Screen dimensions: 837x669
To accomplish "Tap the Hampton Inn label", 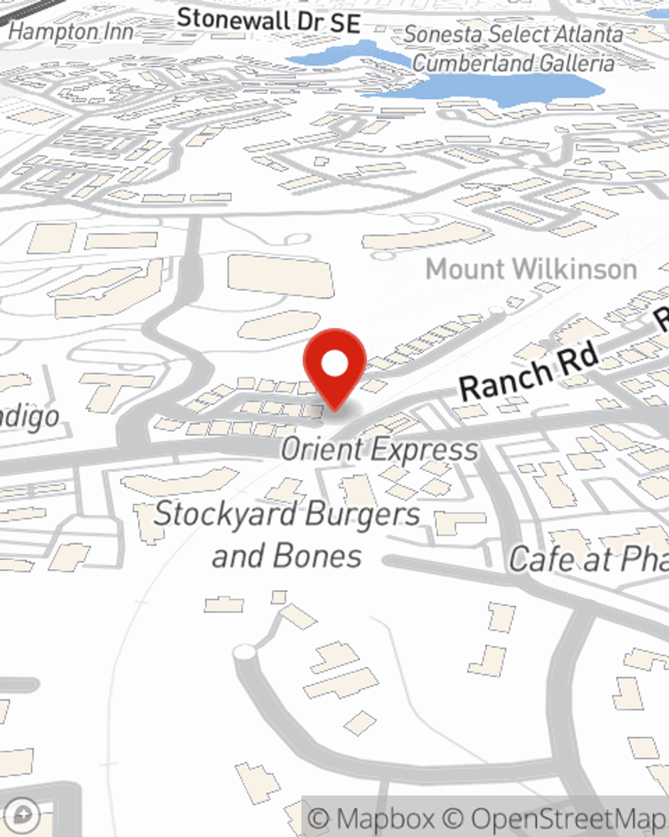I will point(71,31).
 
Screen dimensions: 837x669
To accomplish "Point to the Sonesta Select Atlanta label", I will point(513,33).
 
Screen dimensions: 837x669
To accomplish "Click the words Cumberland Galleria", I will point(513,63).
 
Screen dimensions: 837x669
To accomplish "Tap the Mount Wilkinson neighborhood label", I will point(531,269).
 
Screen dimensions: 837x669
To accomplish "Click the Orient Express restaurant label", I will point(379,449).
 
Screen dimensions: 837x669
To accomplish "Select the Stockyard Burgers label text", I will point(288,515).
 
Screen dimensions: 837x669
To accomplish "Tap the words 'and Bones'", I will point(287,556).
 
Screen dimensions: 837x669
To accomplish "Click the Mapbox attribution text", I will point(370,818).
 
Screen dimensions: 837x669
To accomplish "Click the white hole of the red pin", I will point(334,364).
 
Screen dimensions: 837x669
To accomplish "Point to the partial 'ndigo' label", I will point(29,418).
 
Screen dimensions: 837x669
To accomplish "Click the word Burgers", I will point(361,515).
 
